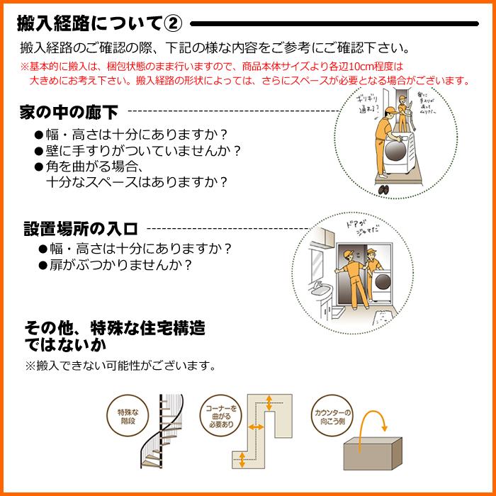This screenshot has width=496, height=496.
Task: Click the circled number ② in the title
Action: click(x=173, y=24)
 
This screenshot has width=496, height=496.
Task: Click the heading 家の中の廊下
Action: click(x=69, y=112)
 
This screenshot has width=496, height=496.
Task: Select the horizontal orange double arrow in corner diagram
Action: click(x=256, y=428)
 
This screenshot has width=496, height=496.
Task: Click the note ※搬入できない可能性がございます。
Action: click(x=119, y=366)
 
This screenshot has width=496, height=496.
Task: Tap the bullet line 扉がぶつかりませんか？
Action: click(x=120, y=266)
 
